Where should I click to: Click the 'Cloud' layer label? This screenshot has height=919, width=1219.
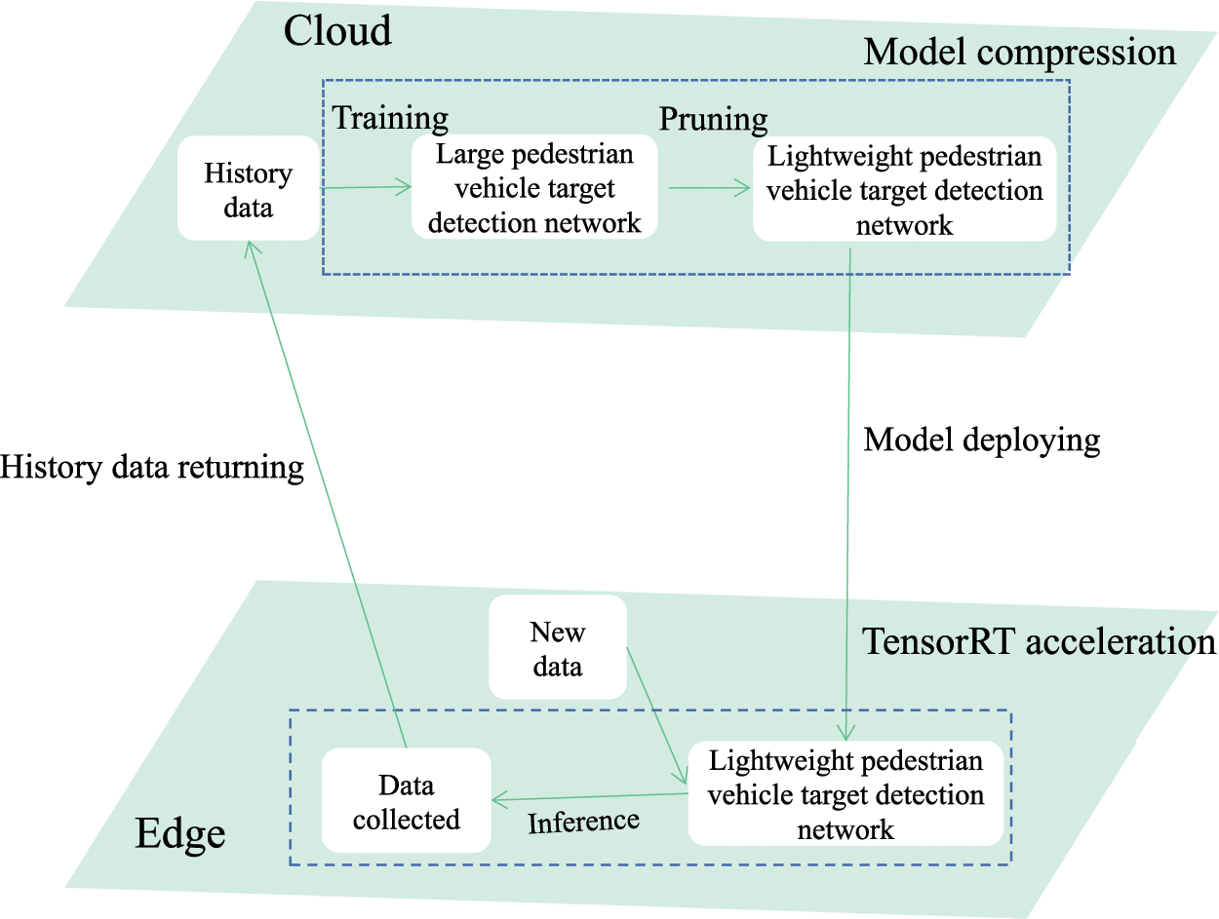tap(337, 30)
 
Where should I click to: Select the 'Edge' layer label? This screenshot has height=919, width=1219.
tap(180, 833)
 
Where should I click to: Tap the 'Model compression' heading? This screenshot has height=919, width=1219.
tap(1020, 53)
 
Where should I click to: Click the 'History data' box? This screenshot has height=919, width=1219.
tap(249, 188)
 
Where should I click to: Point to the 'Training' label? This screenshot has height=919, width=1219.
tap(390, 118)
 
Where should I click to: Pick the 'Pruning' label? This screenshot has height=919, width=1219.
tap(713, 119)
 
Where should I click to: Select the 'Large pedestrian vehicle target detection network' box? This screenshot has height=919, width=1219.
tap(534, 187)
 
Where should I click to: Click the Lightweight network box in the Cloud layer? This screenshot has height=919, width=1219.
tap(904, 189)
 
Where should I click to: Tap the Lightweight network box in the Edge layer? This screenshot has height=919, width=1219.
tap(845, 793)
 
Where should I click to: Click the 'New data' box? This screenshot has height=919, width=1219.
tap(558, 647)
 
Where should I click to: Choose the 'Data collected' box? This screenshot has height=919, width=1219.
tap(407, 800)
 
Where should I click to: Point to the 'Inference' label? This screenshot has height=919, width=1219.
tap(583, 823)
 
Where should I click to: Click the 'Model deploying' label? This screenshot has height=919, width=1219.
tap(981, 441)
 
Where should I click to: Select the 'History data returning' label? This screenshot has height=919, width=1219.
tap(151, 468)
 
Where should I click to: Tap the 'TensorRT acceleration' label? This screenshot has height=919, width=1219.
tap(1039, 642)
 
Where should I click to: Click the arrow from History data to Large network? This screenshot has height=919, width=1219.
tap(366, 187)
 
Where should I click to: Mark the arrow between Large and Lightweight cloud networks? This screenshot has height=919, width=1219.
tap(710, 188)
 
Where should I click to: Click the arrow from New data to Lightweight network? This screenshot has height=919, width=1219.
tap(657, 716)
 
